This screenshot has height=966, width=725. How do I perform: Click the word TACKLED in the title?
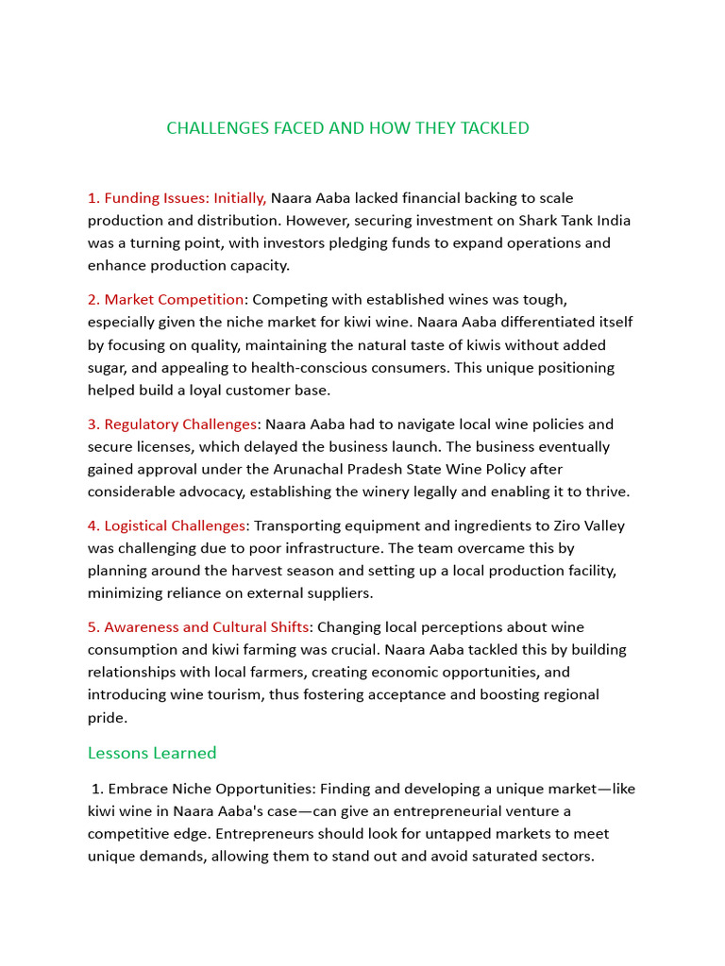tap(495, 128)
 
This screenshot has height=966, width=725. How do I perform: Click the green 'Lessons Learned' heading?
tap(152, 753)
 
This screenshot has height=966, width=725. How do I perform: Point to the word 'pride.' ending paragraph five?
tap(108, 718)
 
